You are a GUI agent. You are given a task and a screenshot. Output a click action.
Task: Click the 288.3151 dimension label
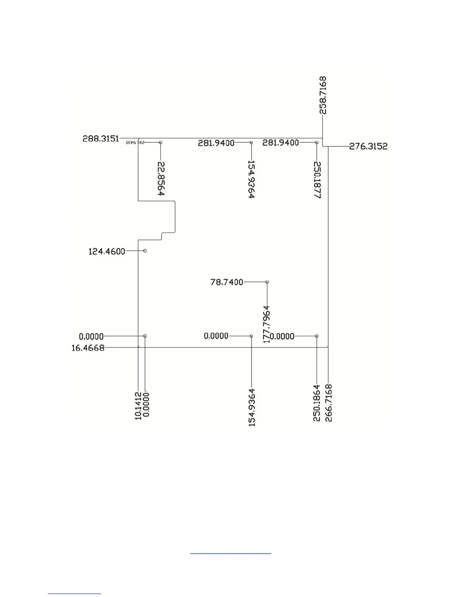tap(101, 139)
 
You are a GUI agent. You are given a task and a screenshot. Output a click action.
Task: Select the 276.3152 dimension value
tap(368, 146)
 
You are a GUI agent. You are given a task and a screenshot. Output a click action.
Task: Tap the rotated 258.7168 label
tap(323, 95)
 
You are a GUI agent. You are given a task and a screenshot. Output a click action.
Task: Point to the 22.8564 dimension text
tap(161, 179)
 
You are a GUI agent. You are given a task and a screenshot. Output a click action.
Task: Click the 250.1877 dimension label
tap(317, 180)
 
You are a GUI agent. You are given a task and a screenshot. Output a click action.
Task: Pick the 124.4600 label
tap(107, 251)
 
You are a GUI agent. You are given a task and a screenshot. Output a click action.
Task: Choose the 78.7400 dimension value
tap(227, 282)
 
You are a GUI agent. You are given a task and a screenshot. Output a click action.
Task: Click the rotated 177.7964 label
tap(267, 324)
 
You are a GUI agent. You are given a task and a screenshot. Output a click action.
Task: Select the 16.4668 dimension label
tap(88, 348)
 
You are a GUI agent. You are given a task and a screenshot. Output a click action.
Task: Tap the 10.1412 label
tap(138, 406)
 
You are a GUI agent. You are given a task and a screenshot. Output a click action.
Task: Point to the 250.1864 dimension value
tap(317, 403)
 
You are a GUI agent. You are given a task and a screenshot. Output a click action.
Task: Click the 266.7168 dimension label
tap(329, 403)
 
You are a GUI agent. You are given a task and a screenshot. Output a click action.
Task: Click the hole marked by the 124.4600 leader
tap(145, 251)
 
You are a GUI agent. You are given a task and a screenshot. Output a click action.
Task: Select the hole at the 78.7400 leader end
tap(267, 282)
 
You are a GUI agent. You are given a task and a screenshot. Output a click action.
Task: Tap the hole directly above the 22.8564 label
tap(160, 142)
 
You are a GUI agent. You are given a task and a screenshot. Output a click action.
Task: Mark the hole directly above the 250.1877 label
tap(317, 142)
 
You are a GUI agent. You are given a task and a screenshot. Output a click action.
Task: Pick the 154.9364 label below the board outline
tap(252, 407)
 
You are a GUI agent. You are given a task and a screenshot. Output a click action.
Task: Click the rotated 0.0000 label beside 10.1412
tap(146, 404)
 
